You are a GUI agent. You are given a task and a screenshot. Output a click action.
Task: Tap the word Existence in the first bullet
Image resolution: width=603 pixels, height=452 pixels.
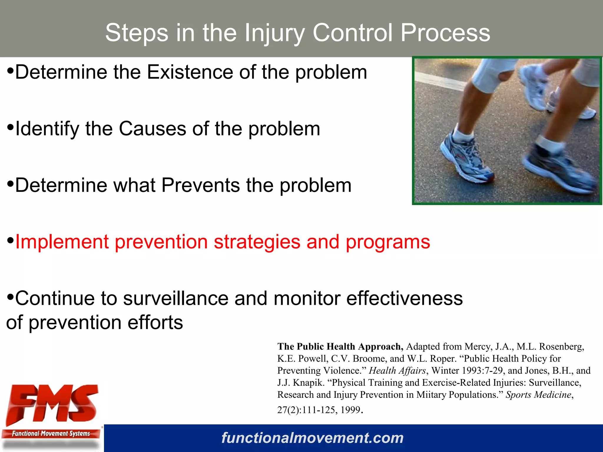[190, 72]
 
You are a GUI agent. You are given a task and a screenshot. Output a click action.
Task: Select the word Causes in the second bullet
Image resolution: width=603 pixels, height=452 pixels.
[153, 129]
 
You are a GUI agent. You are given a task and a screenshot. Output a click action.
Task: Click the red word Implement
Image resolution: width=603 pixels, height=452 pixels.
[62, 242]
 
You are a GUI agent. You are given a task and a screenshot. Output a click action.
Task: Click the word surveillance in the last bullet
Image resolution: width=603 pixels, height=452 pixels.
[175, 298]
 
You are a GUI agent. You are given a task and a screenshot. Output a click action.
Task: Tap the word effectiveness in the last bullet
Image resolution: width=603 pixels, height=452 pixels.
[404, 298]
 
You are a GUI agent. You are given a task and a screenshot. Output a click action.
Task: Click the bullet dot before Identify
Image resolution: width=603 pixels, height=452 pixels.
[10, 127]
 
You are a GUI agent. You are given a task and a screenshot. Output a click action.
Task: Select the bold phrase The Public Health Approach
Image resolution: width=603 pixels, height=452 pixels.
[340, 347]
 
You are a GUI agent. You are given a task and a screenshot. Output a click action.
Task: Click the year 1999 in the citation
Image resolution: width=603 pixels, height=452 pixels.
[350, 410]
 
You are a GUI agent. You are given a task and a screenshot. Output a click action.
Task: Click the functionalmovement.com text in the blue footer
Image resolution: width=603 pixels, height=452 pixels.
[312, 438]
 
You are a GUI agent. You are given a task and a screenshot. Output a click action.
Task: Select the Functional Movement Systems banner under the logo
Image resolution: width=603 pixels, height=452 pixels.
[51, 434]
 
